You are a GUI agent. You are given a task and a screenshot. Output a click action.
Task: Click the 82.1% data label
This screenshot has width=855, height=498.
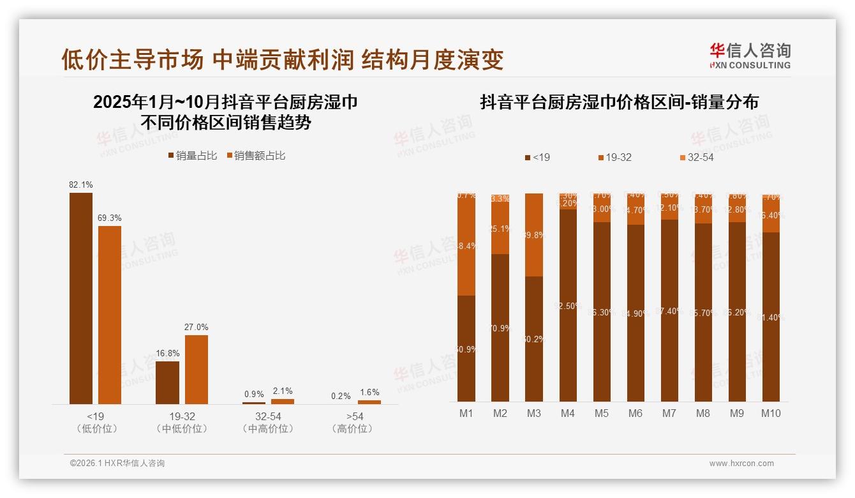coord(81,185)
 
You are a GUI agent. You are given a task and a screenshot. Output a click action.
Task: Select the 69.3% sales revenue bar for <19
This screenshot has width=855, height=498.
coord(109,314)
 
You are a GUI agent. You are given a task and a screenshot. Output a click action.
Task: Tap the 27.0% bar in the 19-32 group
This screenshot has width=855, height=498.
coord(196,369)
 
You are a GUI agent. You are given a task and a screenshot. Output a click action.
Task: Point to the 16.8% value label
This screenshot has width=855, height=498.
coord(167,353)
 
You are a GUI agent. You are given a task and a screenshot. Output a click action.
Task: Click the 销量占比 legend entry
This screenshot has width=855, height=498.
coord(192,156)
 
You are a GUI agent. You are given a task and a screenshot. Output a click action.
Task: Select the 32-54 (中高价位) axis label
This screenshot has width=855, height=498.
coord(268,423)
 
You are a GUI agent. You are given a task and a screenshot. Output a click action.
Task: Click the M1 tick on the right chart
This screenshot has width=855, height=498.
coord(466,413)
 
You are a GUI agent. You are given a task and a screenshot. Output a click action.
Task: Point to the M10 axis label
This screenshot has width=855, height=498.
coord(771,413)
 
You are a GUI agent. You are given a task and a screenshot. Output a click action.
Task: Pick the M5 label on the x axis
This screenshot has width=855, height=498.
coord(602,413)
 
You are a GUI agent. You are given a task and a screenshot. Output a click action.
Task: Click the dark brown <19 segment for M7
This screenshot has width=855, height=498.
coord(669,310)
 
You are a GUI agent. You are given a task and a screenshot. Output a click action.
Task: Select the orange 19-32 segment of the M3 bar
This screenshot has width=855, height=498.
coord(534,235)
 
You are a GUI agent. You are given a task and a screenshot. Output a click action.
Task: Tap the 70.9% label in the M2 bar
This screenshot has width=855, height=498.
coord(500,328)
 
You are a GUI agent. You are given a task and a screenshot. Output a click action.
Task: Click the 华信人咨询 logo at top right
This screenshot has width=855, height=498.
coord(750,56)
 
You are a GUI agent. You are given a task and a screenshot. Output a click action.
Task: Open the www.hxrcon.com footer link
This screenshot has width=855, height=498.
coord(741,464)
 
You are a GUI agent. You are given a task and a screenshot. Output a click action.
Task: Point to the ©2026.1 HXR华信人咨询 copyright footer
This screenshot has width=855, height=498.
coord(117,464)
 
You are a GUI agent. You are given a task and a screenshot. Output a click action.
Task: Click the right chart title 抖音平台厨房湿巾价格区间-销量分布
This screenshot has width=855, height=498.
coord(619,102)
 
